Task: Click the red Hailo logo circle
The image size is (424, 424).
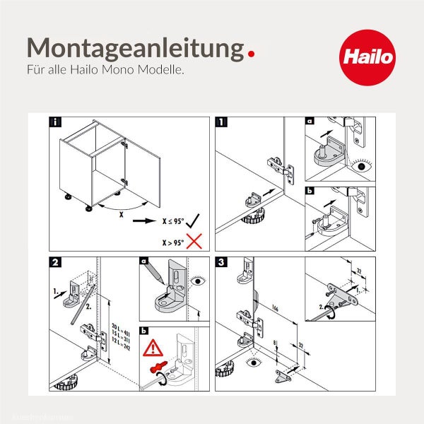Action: point(366,57)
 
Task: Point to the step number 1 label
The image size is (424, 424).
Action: point(223,122)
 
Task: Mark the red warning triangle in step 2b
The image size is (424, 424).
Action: point(152,348)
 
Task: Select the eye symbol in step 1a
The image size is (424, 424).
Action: point(363,168)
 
